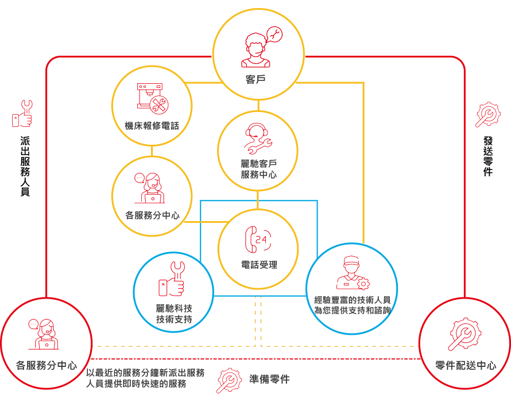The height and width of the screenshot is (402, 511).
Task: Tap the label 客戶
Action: click(x=258, y=79)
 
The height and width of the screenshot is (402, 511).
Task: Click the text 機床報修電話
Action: click(x=152, y=125)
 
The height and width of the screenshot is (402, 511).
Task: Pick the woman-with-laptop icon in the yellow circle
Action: click(x=151, y=188)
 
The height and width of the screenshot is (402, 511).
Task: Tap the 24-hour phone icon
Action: click(x=258, y=239)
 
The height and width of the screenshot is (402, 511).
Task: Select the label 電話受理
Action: click(x=258, y=265)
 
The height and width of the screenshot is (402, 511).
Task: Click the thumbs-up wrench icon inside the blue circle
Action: click(x=172, y=280)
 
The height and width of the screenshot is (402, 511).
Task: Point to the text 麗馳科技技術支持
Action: click(x=173, y=314)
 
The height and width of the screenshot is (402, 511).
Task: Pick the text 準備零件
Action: click(x=269, y=380)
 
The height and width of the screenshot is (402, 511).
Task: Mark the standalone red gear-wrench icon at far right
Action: click(x=488, y=114)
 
